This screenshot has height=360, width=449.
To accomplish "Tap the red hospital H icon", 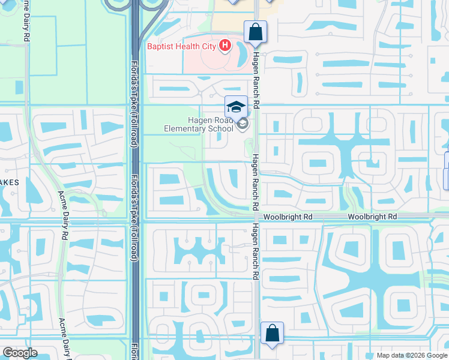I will coord(225,45).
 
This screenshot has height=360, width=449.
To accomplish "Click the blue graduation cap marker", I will coord(236,107).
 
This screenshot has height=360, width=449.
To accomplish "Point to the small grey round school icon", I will coord(243,124).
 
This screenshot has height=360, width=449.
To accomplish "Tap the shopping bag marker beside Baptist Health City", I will coord(255,32).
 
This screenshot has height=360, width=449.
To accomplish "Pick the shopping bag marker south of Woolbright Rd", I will coord(272,333).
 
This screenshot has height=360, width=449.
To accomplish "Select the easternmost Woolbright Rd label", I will coord(372,216).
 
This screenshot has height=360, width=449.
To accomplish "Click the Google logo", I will coord(20,353).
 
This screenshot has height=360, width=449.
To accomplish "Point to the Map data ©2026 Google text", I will coord(411,355).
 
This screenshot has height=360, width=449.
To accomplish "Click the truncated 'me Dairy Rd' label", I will coord(26,20).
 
